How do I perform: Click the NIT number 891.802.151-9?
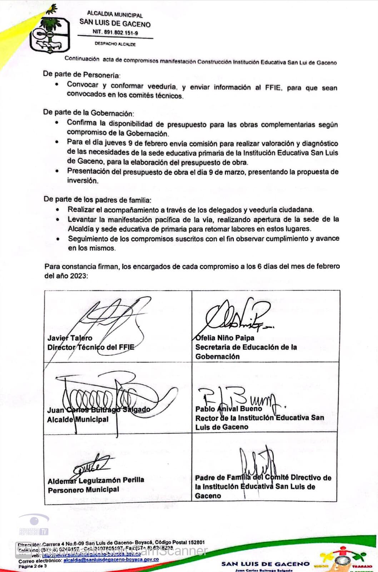click(115, 32)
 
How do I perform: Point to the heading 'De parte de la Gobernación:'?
click(88, 113)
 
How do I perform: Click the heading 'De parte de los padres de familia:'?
click(97, 199)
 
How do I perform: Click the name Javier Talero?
click(70, 338)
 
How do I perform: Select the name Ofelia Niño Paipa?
click(225, 338)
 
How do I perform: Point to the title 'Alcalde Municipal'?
click(78, 419)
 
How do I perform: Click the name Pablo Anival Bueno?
click(229, 409)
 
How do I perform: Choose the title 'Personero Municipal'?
click(83, 490)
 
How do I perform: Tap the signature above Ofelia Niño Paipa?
click(236, 315)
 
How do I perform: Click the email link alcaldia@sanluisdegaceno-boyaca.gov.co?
click(111, 559)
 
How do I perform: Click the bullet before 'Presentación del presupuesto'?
click(57, 171)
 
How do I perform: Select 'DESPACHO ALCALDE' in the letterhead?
click(115, 44)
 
